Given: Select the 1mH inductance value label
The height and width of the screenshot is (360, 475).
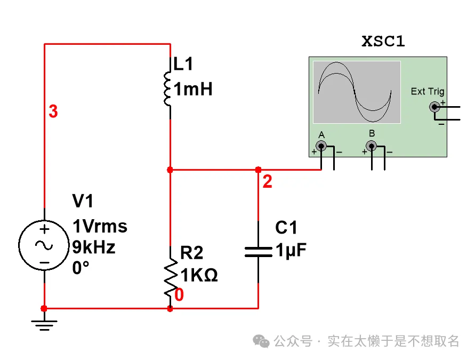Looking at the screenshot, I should (194, 89).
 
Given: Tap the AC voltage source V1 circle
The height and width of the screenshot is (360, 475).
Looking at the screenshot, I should (44, 245).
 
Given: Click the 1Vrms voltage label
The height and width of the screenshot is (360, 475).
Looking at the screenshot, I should (100, 227).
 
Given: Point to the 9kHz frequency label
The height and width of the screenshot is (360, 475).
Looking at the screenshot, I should (94, 247).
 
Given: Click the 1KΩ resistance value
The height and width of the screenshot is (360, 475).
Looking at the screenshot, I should (199, 275).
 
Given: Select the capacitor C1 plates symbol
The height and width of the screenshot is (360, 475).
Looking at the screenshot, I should (259, 252).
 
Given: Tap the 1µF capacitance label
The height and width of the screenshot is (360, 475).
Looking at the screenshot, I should (291, 250).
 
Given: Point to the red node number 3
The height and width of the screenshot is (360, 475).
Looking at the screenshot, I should (53, 112).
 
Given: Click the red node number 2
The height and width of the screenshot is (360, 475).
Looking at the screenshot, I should (268, 182).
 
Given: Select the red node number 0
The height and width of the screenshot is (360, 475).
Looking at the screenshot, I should (180, 295).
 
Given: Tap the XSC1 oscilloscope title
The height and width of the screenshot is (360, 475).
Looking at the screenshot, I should (383, 42).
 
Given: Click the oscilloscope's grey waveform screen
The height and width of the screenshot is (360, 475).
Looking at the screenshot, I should (356, 92).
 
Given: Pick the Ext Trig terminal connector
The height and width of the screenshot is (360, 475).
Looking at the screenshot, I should (434, 107).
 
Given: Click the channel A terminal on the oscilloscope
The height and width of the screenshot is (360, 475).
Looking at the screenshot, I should (321, 146).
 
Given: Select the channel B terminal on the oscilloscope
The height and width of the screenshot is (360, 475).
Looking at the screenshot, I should (371, 146).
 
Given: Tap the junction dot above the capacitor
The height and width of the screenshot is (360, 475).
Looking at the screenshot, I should (259, 170).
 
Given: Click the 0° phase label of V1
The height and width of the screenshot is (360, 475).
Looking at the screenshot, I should (80, 268).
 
